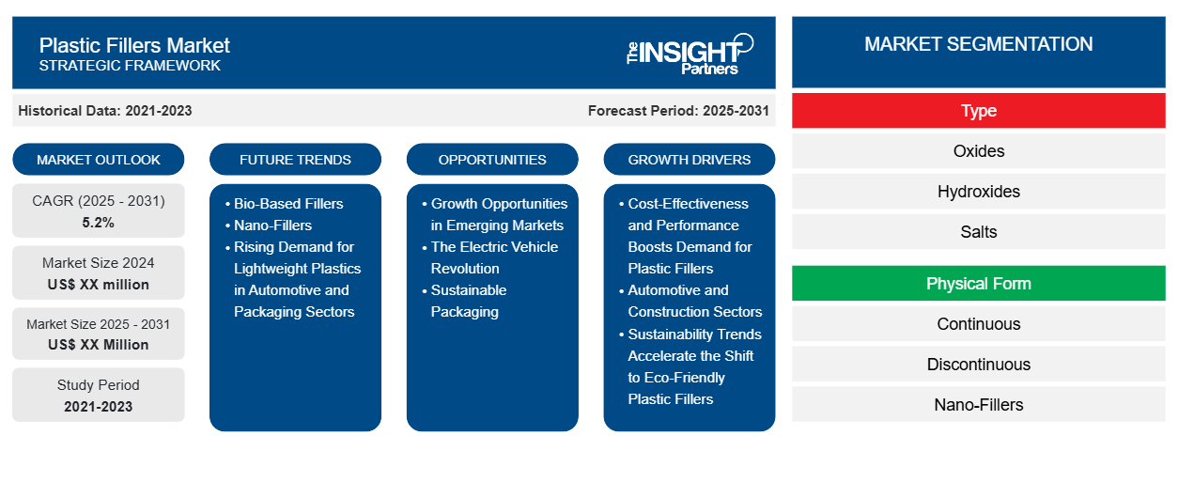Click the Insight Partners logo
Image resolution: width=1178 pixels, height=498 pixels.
690,54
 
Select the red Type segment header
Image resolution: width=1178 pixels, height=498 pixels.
978,111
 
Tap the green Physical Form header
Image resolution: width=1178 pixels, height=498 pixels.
978,284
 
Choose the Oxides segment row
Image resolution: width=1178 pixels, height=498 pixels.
978,151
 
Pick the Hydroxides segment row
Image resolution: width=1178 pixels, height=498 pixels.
978,192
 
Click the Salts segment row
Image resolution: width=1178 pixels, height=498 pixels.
978,232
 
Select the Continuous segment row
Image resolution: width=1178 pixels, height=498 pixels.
978,324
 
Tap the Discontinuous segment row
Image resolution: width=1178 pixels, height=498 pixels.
978,365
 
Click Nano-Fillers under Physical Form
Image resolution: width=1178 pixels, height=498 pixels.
978,405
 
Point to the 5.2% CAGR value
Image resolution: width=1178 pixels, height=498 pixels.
98,223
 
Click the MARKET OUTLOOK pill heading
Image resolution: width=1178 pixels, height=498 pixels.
99,160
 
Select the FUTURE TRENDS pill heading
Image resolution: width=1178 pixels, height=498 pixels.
295,160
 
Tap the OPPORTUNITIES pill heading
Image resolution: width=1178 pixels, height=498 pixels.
492,160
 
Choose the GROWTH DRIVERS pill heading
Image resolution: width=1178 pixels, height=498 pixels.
689,160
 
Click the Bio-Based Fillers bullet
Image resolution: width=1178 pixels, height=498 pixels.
288,204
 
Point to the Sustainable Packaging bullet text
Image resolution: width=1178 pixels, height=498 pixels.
468,301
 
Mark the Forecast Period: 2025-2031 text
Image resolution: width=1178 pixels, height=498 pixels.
678,111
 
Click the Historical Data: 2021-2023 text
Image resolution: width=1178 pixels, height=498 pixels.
105,111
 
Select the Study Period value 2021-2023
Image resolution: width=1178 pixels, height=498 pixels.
99,407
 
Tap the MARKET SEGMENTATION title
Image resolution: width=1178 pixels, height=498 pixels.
978,44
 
